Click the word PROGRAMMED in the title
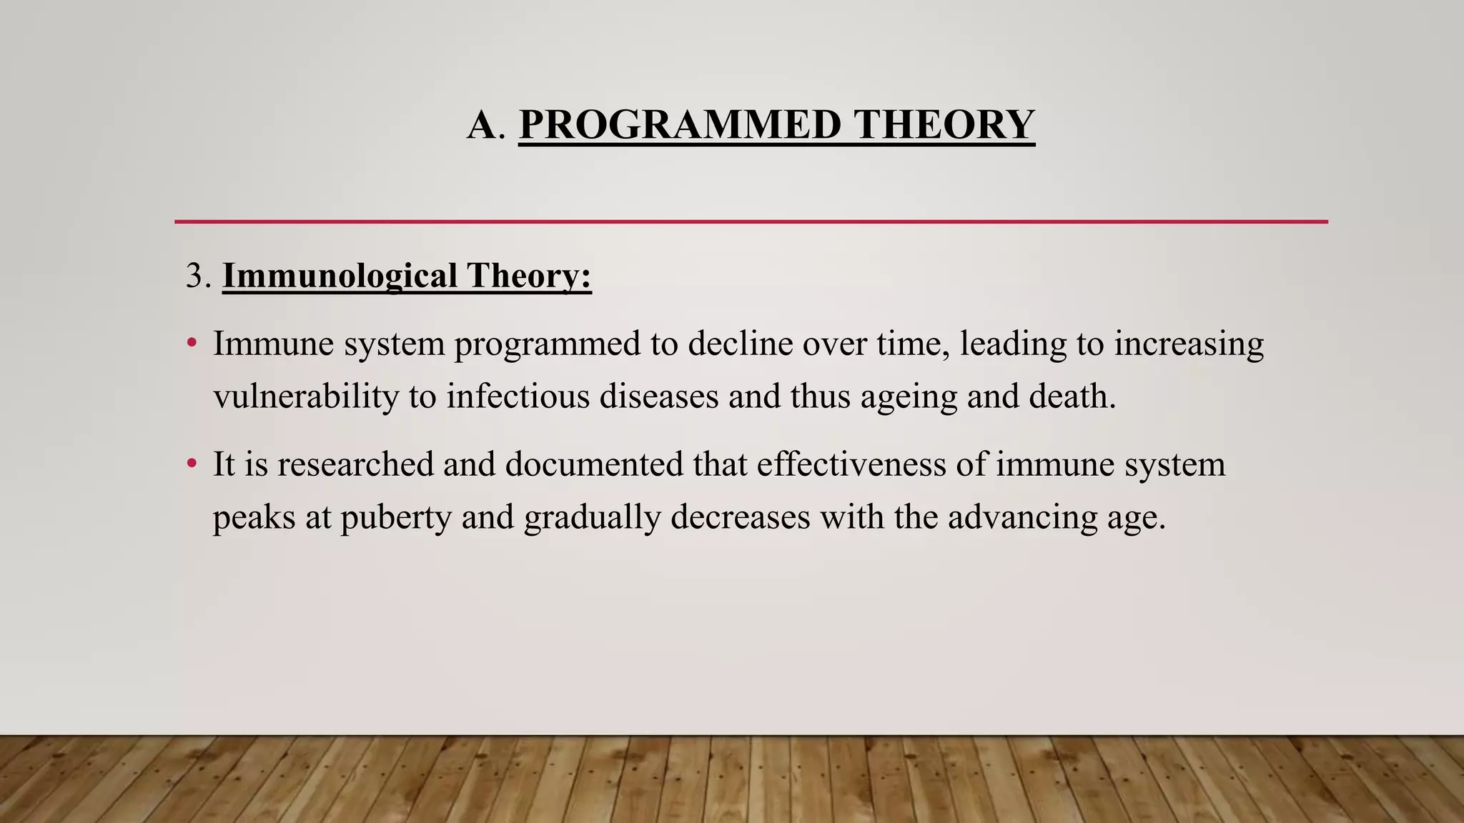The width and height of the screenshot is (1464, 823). [680, 124]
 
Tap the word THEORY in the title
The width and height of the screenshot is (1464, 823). [944, 124]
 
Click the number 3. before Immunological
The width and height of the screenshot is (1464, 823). [198, 276]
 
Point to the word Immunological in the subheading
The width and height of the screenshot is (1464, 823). [340, 276]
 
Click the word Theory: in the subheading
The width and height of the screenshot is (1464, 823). [529, 276]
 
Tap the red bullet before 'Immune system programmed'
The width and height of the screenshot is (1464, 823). [191, 344]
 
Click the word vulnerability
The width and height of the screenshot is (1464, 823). [306, 396]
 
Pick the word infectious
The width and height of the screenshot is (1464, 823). [518, 396]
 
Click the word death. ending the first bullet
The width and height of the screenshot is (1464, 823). [1072, 396]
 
